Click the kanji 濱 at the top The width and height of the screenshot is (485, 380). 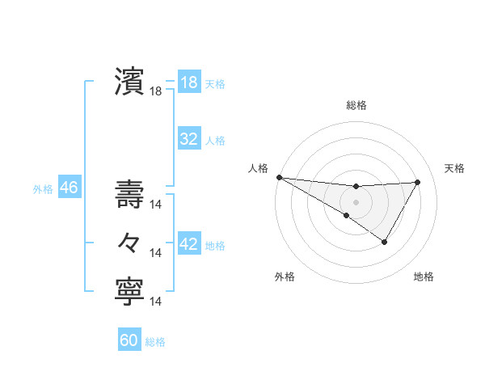pos(129,82)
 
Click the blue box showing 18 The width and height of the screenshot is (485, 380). pos(188,82)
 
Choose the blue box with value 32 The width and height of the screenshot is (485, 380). pos(188,139)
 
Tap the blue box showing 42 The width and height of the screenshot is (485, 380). pos(188,244)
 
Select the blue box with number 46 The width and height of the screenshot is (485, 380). pos(69,188)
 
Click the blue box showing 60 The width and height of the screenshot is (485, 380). pos(129,340)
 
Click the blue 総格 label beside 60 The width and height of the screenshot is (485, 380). pos(155,342)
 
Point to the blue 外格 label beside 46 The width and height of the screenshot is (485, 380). pos(43,189)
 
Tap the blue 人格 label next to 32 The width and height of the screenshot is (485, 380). pos(215,141)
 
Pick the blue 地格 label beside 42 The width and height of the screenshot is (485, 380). pos(215,245)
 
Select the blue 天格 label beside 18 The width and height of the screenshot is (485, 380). pos(215,84)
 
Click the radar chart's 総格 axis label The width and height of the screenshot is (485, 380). pos(356,105)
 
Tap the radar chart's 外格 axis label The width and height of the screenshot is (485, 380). pos(285,277)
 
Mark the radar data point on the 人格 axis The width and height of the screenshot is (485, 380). pos(279,177)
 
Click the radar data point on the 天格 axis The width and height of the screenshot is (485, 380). pos(417,182)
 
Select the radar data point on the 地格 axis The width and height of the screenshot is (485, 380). pos(385,242)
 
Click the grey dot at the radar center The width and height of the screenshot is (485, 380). pos(356,201)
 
